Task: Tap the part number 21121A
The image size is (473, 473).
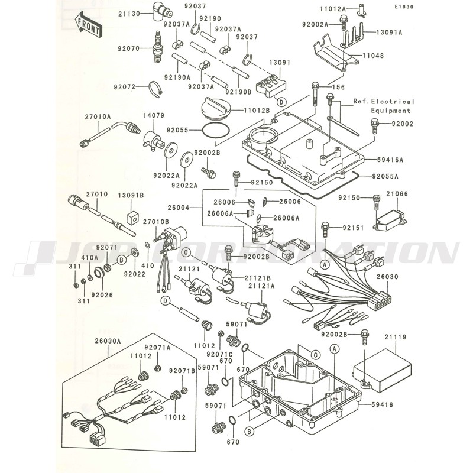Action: tap(261, 286)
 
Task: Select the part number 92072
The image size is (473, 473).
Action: tap(127, 86)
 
